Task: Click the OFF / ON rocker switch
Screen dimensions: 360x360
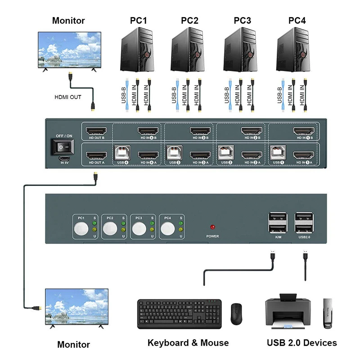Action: pyautogui.click(x=63, y=147)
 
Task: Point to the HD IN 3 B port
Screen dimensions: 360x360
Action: pyautogui.click(x=200, y=131)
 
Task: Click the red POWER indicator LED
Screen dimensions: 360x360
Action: pyautogui.click(x=212, y=227)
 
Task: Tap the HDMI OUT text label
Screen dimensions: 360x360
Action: pyautogui.click(x=68, y=97)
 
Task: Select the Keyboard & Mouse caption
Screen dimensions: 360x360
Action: pyautogui.click(x=188, y=343)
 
